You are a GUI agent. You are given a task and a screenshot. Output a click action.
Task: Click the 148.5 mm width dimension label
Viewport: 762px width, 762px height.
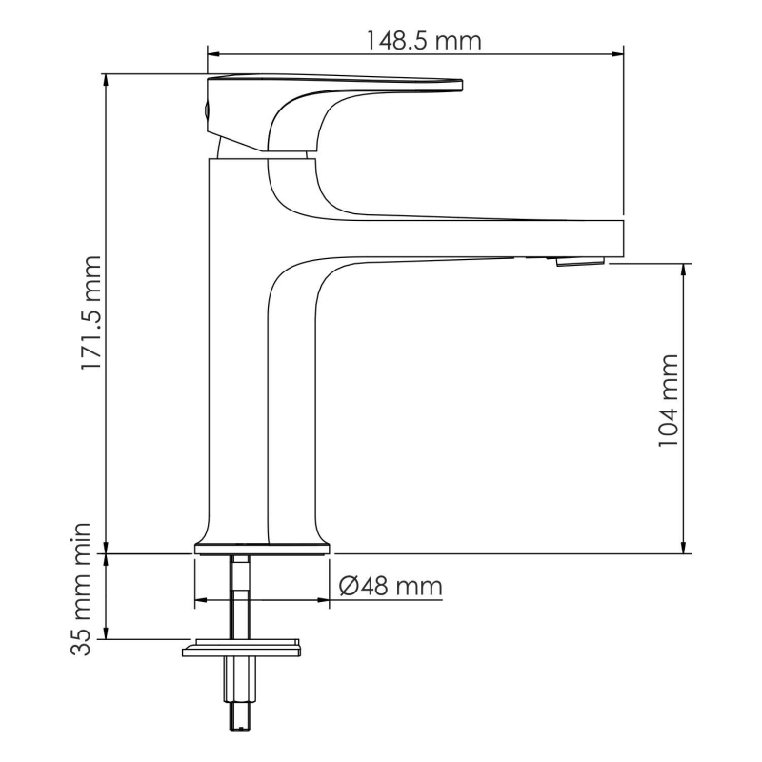click(424, 41)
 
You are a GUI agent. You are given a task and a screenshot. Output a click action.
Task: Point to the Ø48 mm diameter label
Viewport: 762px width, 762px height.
click(391, 586)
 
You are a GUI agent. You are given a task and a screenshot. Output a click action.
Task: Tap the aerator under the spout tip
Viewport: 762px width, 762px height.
click(579, 260)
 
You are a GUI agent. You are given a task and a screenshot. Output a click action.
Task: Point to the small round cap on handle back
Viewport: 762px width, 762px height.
click(203, 110)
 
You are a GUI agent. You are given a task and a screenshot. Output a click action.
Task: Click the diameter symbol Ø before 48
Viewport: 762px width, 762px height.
click(350, 586)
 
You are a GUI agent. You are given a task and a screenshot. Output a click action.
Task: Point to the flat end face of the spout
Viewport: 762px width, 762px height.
click(622, 237)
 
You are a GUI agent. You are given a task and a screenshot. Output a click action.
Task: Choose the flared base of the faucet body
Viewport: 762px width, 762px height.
click(264, 541)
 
